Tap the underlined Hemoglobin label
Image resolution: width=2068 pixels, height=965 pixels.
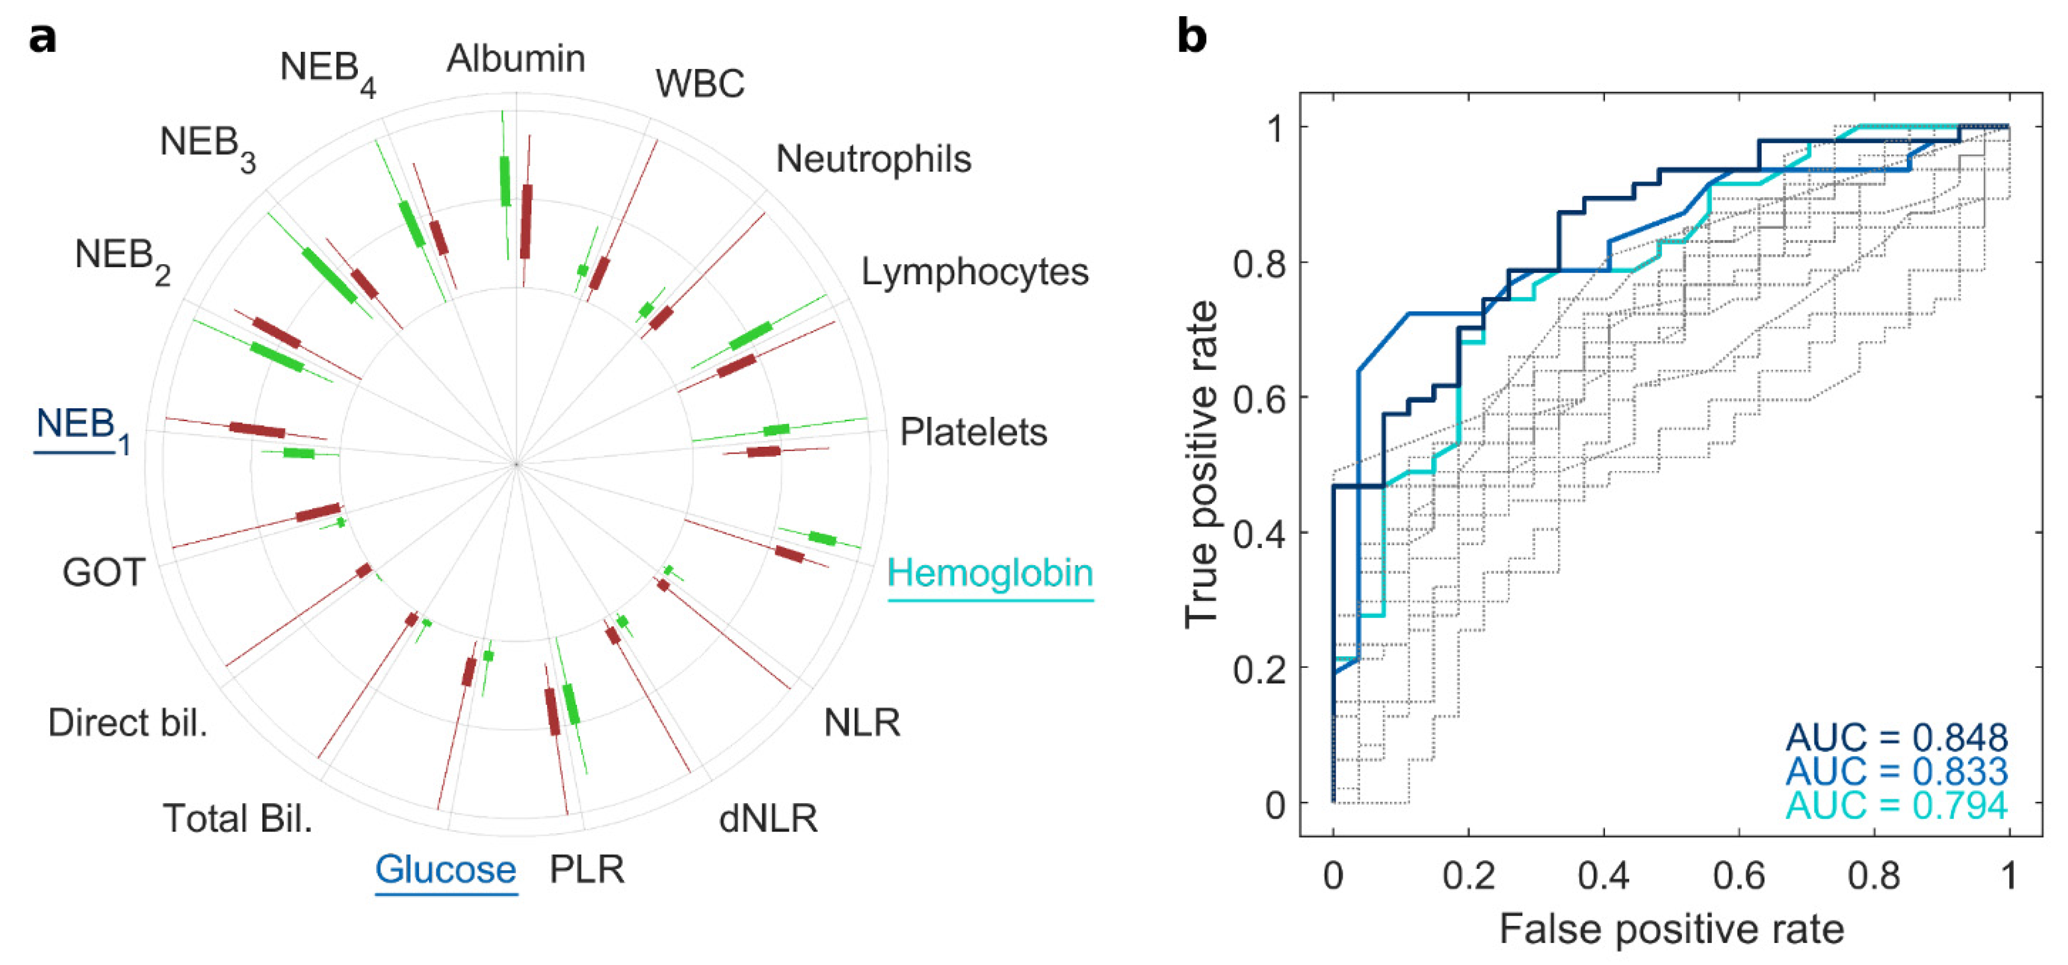[990, 573]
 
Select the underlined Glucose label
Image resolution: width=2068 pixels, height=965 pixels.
[446, 869]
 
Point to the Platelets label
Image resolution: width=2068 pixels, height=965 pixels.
[973, 432]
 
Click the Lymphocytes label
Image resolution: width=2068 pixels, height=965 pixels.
[975, 272]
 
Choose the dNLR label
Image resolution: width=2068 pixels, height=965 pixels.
[767, 818]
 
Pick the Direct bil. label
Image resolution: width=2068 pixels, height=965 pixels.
[128, 723]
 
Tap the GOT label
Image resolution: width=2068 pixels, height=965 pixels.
[104, 573]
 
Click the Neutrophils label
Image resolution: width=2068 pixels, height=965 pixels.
[874, 159]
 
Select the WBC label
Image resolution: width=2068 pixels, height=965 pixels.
[700, 84]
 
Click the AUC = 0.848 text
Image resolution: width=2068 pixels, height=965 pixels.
[1896, 737]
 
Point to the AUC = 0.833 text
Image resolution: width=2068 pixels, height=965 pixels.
[1896, 771]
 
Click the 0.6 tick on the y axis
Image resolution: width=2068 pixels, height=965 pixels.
[1259, 397]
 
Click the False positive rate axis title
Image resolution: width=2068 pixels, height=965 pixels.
[1671, 929]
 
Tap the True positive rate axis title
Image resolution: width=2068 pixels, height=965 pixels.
[1202, 464]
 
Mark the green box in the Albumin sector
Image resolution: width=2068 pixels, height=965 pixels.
[505, 181]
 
